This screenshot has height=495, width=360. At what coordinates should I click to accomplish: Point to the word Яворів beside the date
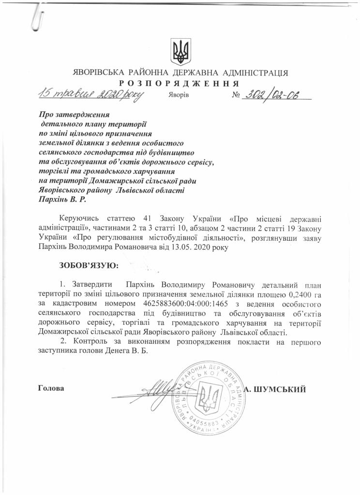[179, 95]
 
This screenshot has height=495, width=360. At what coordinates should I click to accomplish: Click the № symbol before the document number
[237, 95]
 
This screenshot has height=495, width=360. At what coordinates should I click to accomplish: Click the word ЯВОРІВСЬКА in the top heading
[98, 73]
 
